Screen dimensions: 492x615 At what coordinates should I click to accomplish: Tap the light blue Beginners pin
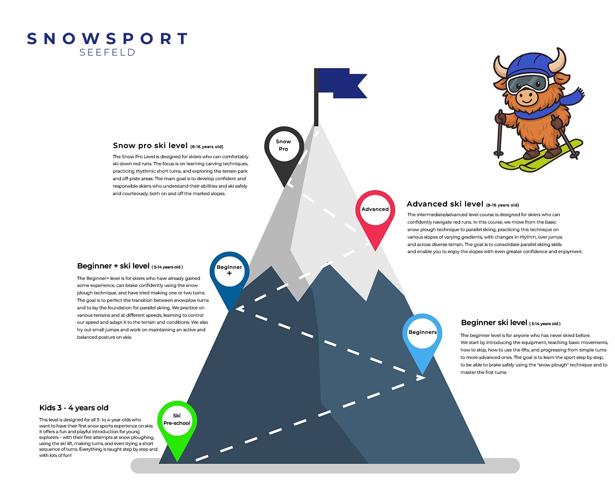click(422, 333)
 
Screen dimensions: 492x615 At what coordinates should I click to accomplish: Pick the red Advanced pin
click(375, 211)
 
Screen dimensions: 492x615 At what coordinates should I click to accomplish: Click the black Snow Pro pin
click(284, 147)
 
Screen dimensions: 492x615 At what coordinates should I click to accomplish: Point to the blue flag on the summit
click(340, 82)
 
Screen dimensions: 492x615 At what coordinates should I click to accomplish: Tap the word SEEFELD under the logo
click(107, 53)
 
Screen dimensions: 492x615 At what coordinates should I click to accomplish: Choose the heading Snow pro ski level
click(150, 146)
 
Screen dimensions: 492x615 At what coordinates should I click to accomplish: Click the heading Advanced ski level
click(445, 204)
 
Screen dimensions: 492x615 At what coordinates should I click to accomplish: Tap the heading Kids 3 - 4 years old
click(74, 408)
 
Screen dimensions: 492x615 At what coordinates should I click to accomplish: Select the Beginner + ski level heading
click(113, 266)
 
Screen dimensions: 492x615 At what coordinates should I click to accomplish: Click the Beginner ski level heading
click(494, 323)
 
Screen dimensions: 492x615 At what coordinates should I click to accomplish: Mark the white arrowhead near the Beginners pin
click(420, 377)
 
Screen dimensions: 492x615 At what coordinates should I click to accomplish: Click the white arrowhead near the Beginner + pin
click(239, 309)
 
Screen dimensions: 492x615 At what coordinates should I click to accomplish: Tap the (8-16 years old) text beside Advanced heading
click(503, 205)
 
